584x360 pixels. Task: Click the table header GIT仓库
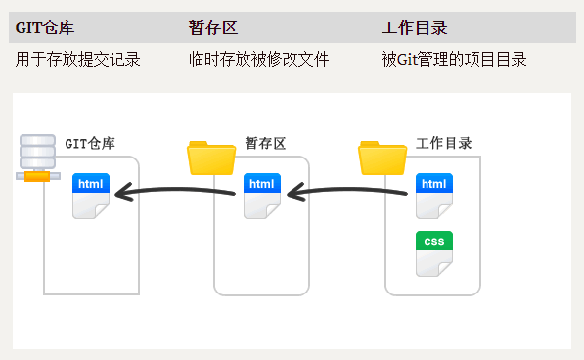click(x=45, y=27)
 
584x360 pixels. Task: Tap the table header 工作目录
click(x=415, y=27)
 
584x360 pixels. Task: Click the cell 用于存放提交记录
click(x=78, y=60)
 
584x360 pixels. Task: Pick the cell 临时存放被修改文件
click(x=258, y=60)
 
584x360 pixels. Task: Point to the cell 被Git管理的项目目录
click(x=454, y=60)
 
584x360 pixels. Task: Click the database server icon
click(x=38, y=157)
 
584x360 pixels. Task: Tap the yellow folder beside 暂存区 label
click(x=211, y=157)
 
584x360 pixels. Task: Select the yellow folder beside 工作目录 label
click(x=382, y=157)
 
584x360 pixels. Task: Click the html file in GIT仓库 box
click(x=91, y=197)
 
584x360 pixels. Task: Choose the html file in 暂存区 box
click(x=262, y=197)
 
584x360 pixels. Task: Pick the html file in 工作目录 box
click(x=434, y=196)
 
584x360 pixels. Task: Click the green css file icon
click(x=434, y=253)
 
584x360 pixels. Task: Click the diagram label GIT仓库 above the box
click(x=90, y=144)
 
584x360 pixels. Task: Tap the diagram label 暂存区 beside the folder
click(x=265, y=144)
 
